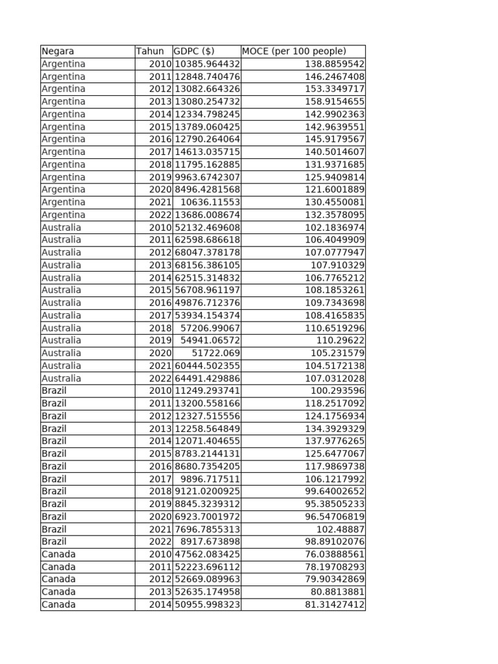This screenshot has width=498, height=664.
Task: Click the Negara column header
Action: pyautogui.click(x=58, y=51)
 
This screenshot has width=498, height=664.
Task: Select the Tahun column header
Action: pyautogui.click(x=150, y=51)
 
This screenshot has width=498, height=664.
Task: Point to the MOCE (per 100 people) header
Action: pyautogui.click(x=294, y=51)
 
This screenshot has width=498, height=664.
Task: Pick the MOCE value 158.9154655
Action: pyautogui.click(x=335, y=102)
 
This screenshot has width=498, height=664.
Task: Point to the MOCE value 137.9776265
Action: pyautogui.click(x=335, y=441)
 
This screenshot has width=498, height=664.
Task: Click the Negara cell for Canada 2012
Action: pyautogui.click(x=58, y=579)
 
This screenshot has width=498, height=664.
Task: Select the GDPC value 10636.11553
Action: pyautogui.click(x=210, y=202)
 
